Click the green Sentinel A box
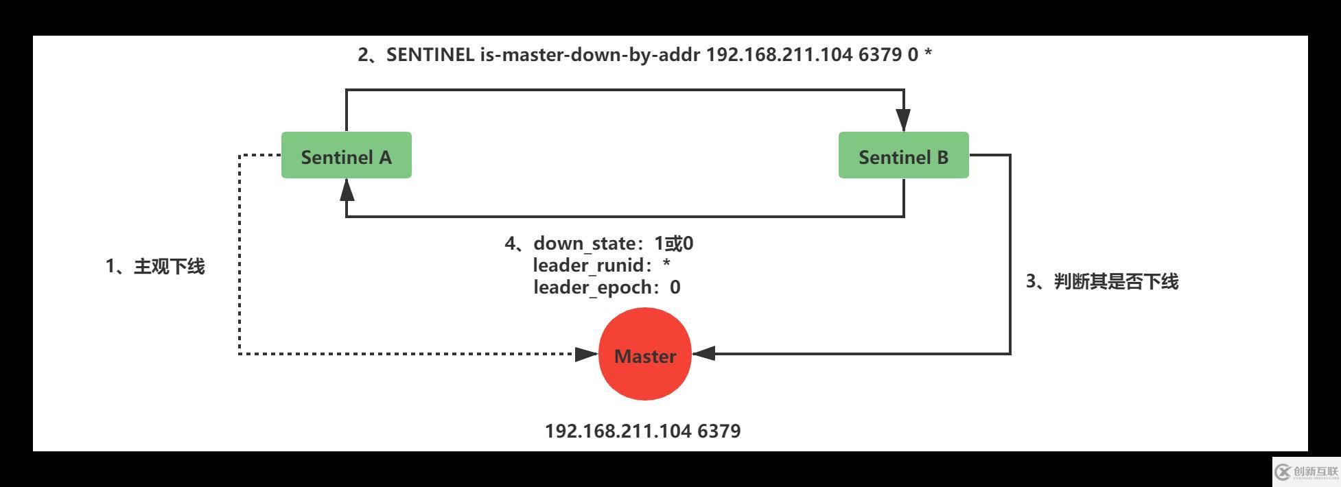click(346, 156)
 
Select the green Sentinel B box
click(903, 156)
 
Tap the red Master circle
click(644, 355)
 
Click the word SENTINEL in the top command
click(430, 55)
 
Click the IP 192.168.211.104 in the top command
click(779, 55)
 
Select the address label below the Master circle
click(642, 431)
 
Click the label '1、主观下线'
click(155, 267)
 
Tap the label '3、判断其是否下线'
click(1101, 281)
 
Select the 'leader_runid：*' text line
click(600, 265)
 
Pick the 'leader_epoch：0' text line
click(606, 287)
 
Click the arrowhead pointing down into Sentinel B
click(903, 120)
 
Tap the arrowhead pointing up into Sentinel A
click(347, 190)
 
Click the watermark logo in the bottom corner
click(1306, 472)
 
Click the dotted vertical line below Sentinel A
click(239, 261)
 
